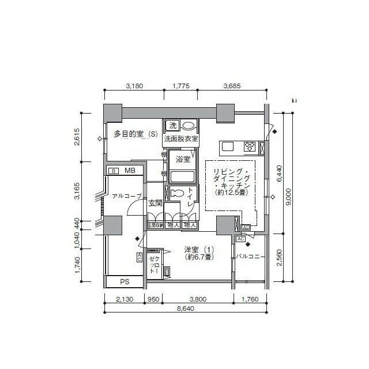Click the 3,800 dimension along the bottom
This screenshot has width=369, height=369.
click(x=198, y=299)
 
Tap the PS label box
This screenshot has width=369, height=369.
click(x=125, y=282)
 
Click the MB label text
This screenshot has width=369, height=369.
click(x=130, y=171)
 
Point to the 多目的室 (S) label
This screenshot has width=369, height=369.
click(x=135, y=134)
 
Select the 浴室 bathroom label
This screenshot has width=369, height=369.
click(x=183, y=158)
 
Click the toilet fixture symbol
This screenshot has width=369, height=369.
click(x=176, y=193)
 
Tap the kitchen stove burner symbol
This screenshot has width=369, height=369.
click(x=251, y=146)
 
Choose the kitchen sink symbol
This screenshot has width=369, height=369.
click(x=227, y=145)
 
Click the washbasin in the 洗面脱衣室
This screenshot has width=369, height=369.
click(x=189, y=126)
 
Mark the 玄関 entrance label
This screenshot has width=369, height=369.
click(x=155, y=203)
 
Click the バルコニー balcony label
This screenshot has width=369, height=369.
click(x=250, y=256)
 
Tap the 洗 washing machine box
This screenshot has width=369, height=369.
click(x=172, y=125)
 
